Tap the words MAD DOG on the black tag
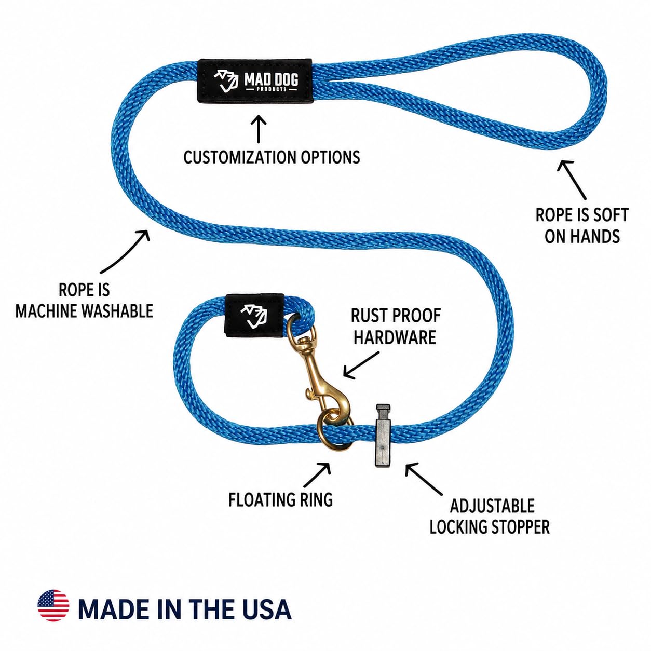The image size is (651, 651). point(272,80)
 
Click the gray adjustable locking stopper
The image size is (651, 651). point(382,435)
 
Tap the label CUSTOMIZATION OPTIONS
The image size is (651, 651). point(272,157)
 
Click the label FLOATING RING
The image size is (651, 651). point(280,499)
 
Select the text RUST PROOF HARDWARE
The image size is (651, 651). point(396,327)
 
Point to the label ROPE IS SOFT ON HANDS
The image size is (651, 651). point(582,225)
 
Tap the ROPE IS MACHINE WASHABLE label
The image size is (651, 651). point(85,301)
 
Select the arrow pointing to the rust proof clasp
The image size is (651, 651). point(361,365)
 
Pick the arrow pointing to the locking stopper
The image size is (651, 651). point(424,479)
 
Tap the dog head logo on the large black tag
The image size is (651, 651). point(226,81)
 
